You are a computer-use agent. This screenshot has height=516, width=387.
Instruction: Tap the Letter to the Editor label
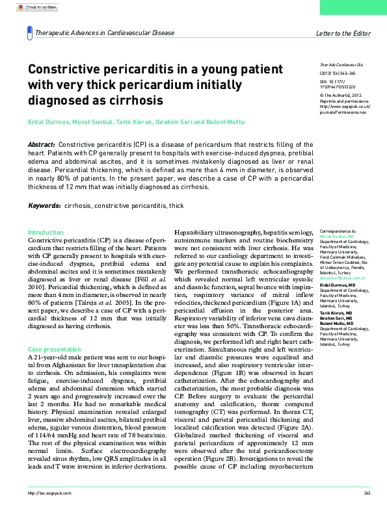343,32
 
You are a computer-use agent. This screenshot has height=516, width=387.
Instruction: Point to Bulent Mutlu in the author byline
228,122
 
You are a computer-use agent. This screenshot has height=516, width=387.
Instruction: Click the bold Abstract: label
42,144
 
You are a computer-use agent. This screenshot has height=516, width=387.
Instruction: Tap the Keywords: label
45,205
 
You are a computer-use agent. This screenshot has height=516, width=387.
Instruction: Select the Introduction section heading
46,232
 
